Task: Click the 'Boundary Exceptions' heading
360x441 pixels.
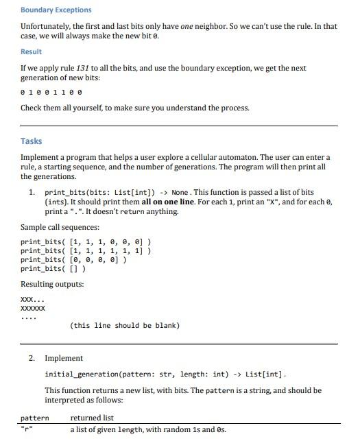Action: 56,10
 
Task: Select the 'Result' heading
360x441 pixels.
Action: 31,51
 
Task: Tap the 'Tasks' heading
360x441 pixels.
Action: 32,141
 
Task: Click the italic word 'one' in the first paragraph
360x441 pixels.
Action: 190,26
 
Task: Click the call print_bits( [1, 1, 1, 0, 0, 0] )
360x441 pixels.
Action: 86,242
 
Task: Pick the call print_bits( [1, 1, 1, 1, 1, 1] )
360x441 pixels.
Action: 86,251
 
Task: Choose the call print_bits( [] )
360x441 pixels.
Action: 53,269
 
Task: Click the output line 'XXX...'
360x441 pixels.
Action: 34,300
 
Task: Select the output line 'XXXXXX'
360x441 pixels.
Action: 34,309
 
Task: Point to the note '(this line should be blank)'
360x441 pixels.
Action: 125,325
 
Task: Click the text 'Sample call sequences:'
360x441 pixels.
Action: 60,227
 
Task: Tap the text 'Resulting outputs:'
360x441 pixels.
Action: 52,284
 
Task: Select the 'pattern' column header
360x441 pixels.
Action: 35,418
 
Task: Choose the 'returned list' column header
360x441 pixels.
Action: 92,418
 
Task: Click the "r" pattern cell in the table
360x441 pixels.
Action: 27,430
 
